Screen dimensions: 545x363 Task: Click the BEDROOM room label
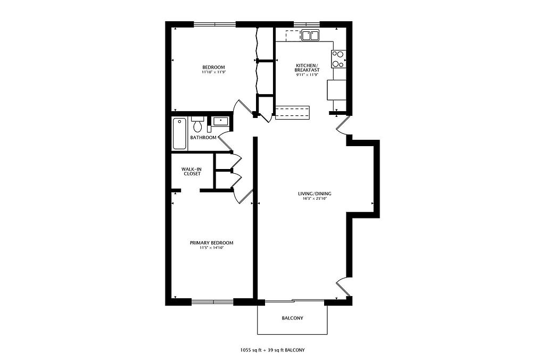click(x=213, y=67)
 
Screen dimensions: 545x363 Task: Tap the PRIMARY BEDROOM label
click(x=211, y=243)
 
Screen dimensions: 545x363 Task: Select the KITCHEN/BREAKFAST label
click(x=307, y=67)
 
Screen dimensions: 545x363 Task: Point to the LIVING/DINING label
click(x=315, y=193)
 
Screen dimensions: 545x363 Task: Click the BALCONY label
click(x=292, y=318)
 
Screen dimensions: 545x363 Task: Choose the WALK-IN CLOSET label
click(x=192, y=172)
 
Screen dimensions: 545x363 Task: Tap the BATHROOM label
click(x=203, y=138)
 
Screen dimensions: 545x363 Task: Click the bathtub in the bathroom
click(x=179, y=133)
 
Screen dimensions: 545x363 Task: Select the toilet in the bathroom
click(x=198, y=124)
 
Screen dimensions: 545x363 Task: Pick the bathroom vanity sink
click(x=220, y=121)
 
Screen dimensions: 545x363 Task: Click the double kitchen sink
click(x=310, y=36)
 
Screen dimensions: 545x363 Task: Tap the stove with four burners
click(x=338, y=58)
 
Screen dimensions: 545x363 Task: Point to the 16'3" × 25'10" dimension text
click(x=315, y=199)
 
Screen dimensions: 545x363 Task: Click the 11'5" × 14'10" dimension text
click(x=211, y=248)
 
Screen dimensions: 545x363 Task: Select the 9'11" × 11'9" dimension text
click(x=307, y=74)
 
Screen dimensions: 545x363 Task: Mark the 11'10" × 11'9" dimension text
click(x=213, y=72)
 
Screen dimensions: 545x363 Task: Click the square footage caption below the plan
click(x=272, y=350)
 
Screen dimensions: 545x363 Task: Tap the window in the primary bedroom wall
click(x=212, y=301)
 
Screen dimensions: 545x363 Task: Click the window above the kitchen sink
click(x=307, y=24)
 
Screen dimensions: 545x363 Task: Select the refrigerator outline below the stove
click(x=336, y=90)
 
